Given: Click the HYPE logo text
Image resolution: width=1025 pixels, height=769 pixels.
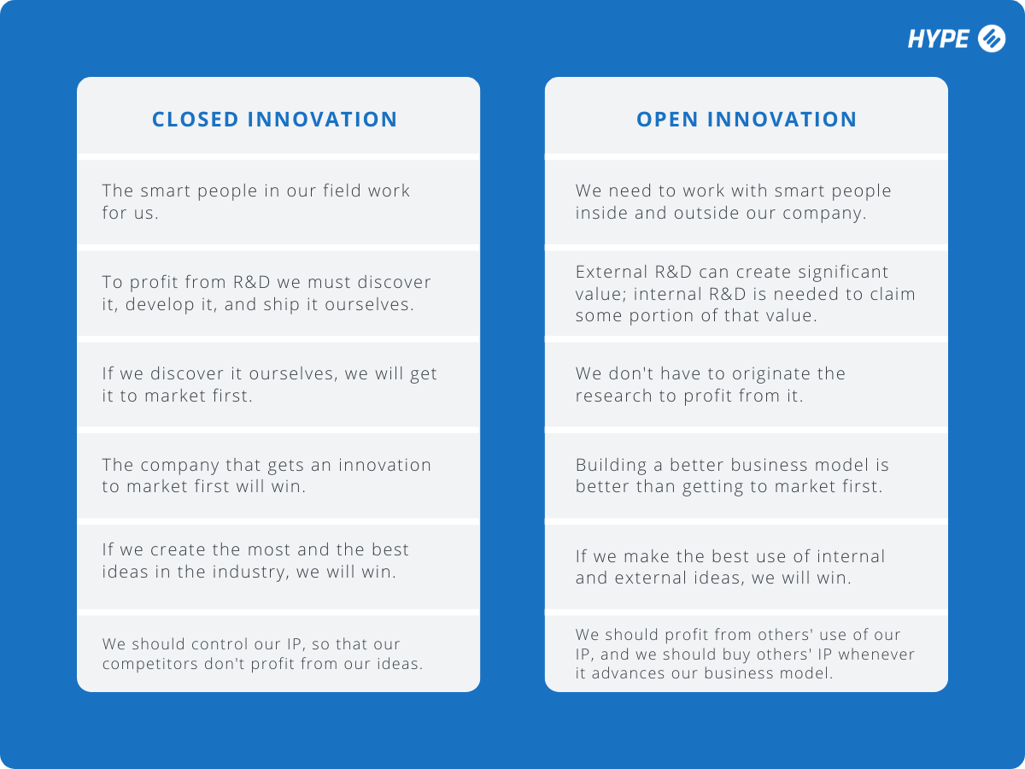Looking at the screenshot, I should coord(938,38).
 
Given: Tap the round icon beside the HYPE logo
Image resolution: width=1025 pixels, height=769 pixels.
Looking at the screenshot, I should coord(991,38).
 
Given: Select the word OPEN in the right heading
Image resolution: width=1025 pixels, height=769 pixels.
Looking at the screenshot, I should coord(667,120).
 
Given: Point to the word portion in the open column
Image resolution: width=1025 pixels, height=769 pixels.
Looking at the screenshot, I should coord(654,316).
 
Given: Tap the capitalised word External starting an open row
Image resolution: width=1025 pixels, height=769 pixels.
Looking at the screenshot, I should coord(610,272).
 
